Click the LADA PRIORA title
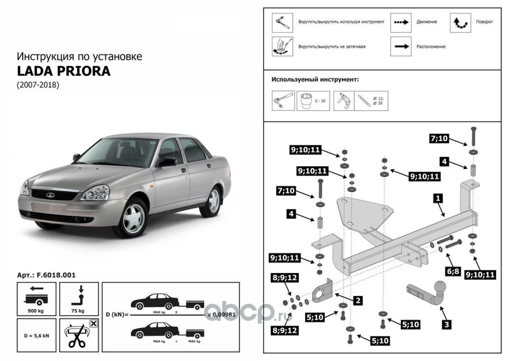click(64, 71)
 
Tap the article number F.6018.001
click(46, 275)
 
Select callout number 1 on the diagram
click(437, 197)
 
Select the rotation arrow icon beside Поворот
click(460, 22)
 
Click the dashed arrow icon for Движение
click(401, 22)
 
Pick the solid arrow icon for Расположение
click(401, 46)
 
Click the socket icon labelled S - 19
click(307, 101)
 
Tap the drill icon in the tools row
click(343, 101)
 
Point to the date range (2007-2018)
click(38, 85)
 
